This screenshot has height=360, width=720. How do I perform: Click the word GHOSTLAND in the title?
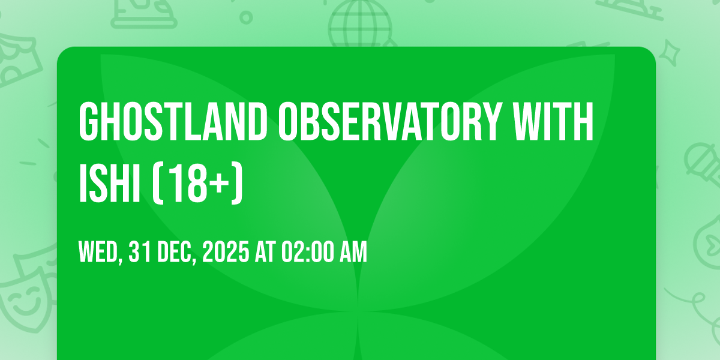[173, 121]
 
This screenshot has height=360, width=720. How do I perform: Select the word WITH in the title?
[553, 121]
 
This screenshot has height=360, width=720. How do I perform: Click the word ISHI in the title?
[110, 183]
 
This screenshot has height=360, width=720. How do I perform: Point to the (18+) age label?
[197, 183]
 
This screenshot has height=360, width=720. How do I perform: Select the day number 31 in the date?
[140, 252]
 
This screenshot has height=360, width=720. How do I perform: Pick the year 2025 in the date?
[226, 252]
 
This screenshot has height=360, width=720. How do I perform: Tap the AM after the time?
[355, 252]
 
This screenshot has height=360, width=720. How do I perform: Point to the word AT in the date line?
[265, 252]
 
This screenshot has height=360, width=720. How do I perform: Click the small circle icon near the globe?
[246, 17]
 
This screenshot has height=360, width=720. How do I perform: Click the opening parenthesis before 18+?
[157, 183]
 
